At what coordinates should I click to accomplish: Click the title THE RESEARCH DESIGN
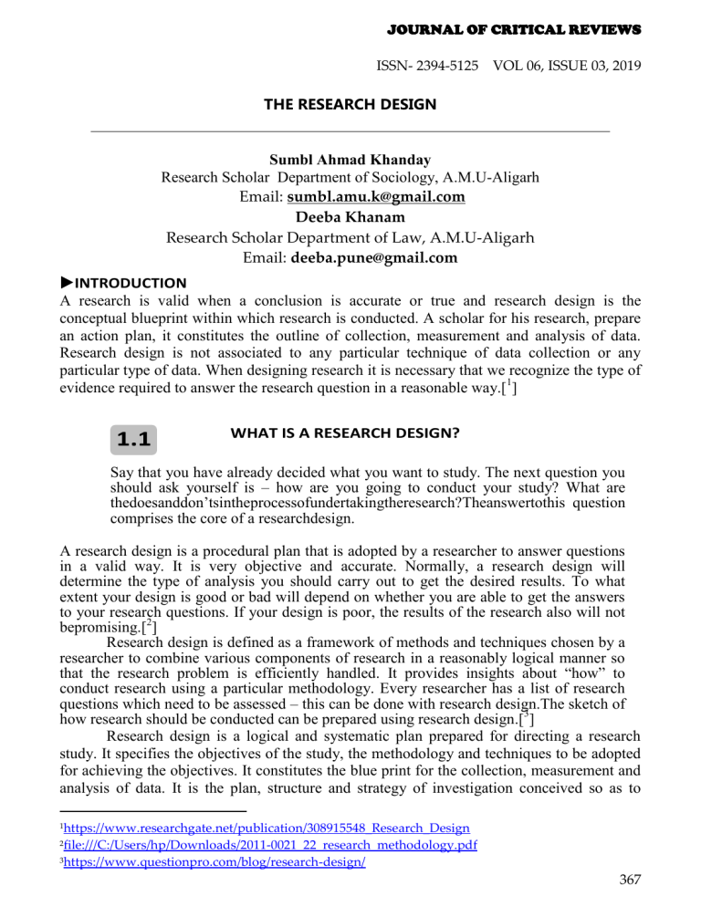click(351, 105)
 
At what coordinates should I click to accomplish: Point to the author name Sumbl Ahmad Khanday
click(350, 160)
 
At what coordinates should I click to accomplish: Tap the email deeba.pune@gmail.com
click(377, 258)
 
